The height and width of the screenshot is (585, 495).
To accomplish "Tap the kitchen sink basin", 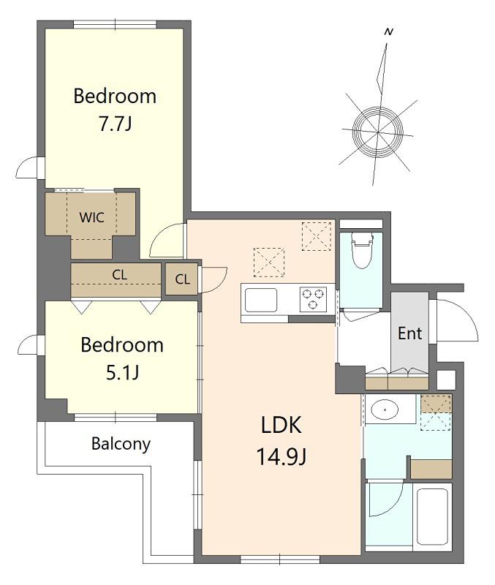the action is (261, 300).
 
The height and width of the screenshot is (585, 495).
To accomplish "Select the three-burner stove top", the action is (313, 299).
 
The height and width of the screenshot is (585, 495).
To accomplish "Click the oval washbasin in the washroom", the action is (385, 409).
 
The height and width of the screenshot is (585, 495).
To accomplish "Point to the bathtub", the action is (432, 517).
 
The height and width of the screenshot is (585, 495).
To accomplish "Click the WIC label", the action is (91, 217).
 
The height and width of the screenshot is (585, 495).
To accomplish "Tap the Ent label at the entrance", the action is (409, 333).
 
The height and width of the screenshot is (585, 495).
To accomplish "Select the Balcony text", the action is (121, 444).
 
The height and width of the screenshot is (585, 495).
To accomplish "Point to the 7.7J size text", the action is (116, 124).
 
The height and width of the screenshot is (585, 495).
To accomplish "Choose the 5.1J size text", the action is (122, 372).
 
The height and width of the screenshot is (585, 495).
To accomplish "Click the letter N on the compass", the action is (389, 32).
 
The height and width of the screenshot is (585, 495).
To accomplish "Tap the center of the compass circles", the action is (377, 132).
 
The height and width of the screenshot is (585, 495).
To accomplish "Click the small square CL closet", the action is (181, 279).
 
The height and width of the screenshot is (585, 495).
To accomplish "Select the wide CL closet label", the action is (119, 275).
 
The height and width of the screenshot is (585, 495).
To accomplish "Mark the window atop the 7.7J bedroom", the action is (115, 25).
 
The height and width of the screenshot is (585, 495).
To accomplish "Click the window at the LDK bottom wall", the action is (280, 559).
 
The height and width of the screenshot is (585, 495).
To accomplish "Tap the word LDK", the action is (281, 425).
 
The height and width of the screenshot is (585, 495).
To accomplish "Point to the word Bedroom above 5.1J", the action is (122, 345).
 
